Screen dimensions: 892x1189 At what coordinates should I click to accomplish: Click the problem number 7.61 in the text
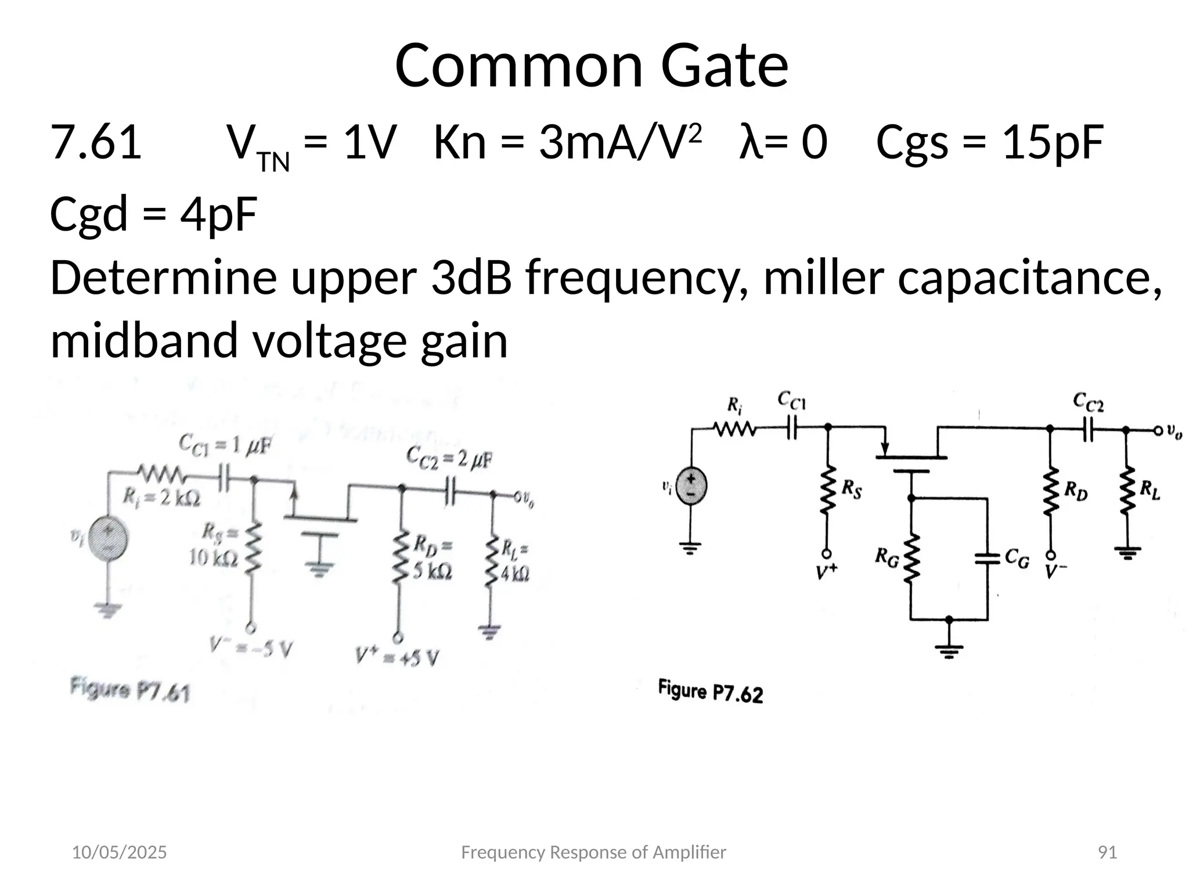(96, 142)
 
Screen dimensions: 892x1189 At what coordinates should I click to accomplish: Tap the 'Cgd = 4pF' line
(153, 214)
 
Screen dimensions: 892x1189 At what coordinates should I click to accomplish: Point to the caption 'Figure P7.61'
(130, 690)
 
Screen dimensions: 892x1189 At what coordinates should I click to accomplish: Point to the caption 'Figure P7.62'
(710, 691)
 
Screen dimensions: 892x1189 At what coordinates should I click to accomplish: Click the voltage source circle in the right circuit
(691, 487)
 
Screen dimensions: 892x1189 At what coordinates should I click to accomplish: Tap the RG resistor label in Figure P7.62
(887, 559)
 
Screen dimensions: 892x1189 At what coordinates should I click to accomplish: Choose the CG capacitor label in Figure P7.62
(1017, 559)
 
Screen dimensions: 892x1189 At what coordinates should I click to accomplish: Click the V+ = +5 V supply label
(398, 657)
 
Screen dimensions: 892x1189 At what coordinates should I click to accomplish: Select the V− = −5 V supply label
(250, 647)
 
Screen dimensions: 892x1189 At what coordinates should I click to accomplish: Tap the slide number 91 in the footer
(1108, 853)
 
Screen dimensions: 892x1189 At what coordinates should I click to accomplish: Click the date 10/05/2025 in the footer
(119, 853)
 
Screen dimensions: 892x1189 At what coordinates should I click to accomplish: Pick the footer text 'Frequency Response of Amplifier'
(593, 853)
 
